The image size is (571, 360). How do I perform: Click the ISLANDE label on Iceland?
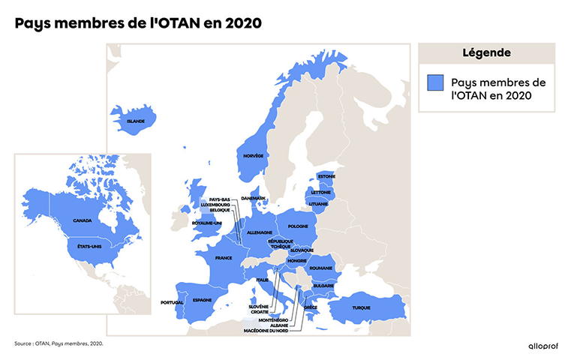tap(136, 121)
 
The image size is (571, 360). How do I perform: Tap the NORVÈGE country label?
tap(254, 155)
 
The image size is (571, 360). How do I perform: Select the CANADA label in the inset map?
tap(83, 220)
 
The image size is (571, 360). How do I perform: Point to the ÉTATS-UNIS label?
tap(89, 244)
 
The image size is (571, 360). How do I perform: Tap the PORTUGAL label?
tap(172, 302)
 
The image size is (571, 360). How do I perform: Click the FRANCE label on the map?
tap(224, 258)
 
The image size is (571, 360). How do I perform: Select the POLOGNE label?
tap(299, 226)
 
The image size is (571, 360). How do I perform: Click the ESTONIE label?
tap(326, 176)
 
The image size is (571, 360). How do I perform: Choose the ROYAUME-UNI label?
tap(206, 223)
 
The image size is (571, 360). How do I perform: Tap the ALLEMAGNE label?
tap(260, 233)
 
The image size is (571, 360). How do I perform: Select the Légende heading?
tap(486, 53)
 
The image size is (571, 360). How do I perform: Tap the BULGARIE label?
tap(323, 286)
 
